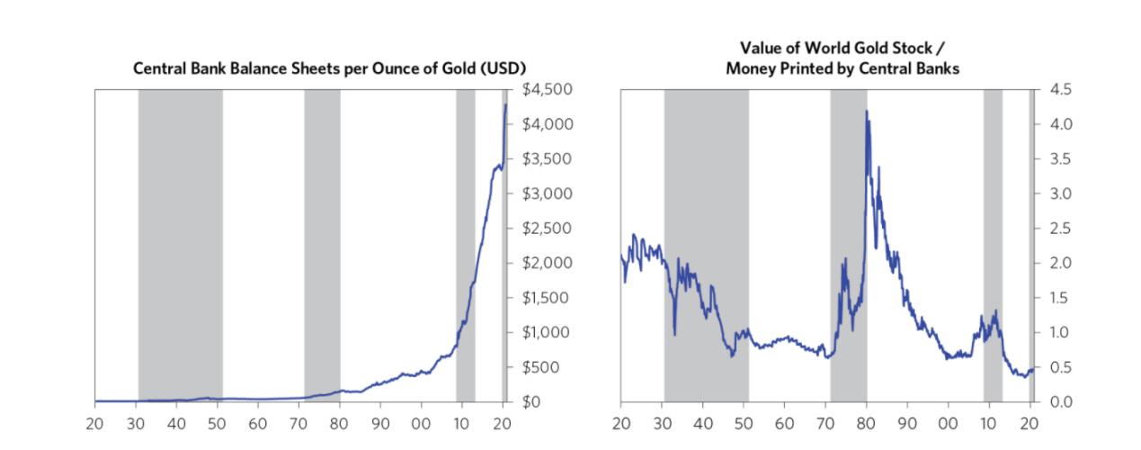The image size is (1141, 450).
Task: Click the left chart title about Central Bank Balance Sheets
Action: point(329,68)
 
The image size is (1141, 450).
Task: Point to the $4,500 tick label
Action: point(547,89)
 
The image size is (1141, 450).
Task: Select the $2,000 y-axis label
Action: point(547,263)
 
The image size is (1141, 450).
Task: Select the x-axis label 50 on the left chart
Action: point(217,423)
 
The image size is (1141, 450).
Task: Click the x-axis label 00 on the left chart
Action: point(421,423)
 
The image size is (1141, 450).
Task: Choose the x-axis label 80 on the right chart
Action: point(866,423)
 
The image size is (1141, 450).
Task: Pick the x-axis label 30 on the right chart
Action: point(662,423)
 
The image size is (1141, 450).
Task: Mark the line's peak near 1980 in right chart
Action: point(866,112)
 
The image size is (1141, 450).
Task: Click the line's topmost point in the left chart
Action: point(505,105)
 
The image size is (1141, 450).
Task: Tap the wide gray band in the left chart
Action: point(180,243)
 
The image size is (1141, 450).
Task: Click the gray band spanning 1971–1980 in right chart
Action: point(848,243)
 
